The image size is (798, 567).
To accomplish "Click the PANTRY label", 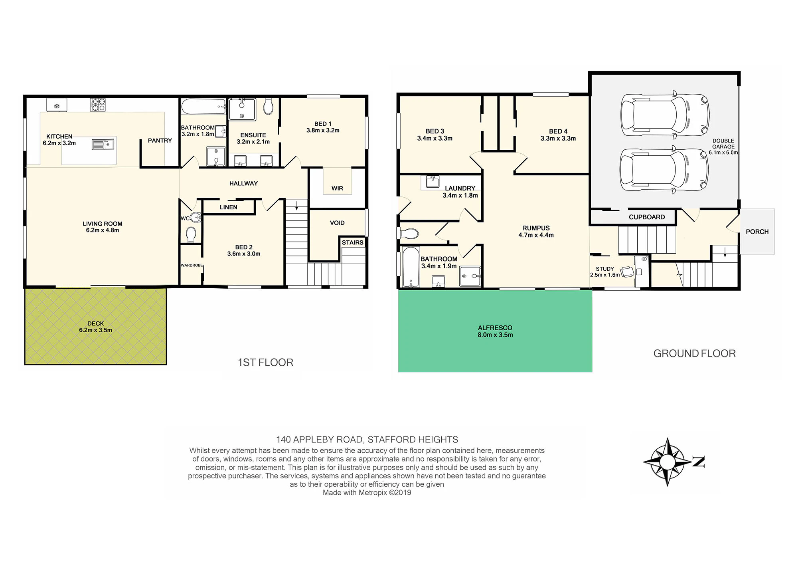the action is (x=160, y=141).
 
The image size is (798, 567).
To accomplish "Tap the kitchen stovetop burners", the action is (x=98, y=105).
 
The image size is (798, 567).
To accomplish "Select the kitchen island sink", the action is (x=103, y=144).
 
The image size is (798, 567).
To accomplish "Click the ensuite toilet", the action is (x=269, y=107).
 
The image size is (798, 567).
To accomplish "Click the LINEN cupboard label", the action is (x=229, y=207).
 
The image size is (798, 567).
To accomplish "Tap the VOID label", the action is (x=337, y=223).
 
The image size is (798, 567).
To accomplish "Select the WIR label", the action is (x=337, y=188).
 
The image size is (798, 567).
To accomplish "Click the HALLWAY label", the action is (x=243, y=184).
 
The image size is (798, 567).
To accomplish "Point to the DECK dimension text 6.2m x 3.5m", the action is (x=95, y=330).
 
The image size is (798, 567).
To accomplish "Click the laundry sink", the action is (x=433, y=182).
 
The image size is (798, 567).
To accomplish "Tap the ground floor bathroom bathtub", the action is (x=411, y=267).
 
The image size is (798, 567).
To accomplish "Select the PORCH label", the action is (x=757, y=232).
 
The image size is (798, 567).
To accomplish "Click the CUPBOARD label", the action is (x=647, y=217).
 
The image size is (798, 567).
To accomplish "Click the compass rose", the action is (x=667, y=462).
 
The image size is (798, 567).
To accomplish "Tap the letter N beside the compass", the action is (x=698, y=462).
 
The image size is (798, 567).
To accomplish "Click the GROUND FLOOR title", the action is (x=695, y=353).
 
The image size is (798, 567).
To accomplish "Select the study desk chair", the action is (x=627, y=272).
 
